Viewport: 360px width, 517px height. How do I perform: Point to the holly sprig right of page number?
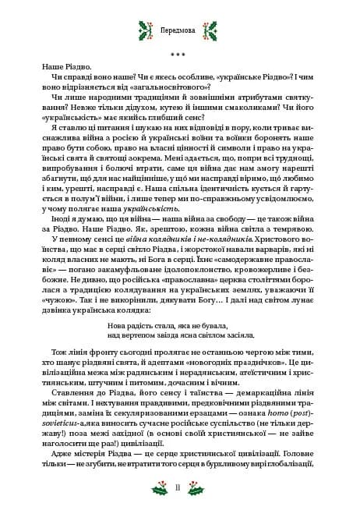[200, 489]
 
